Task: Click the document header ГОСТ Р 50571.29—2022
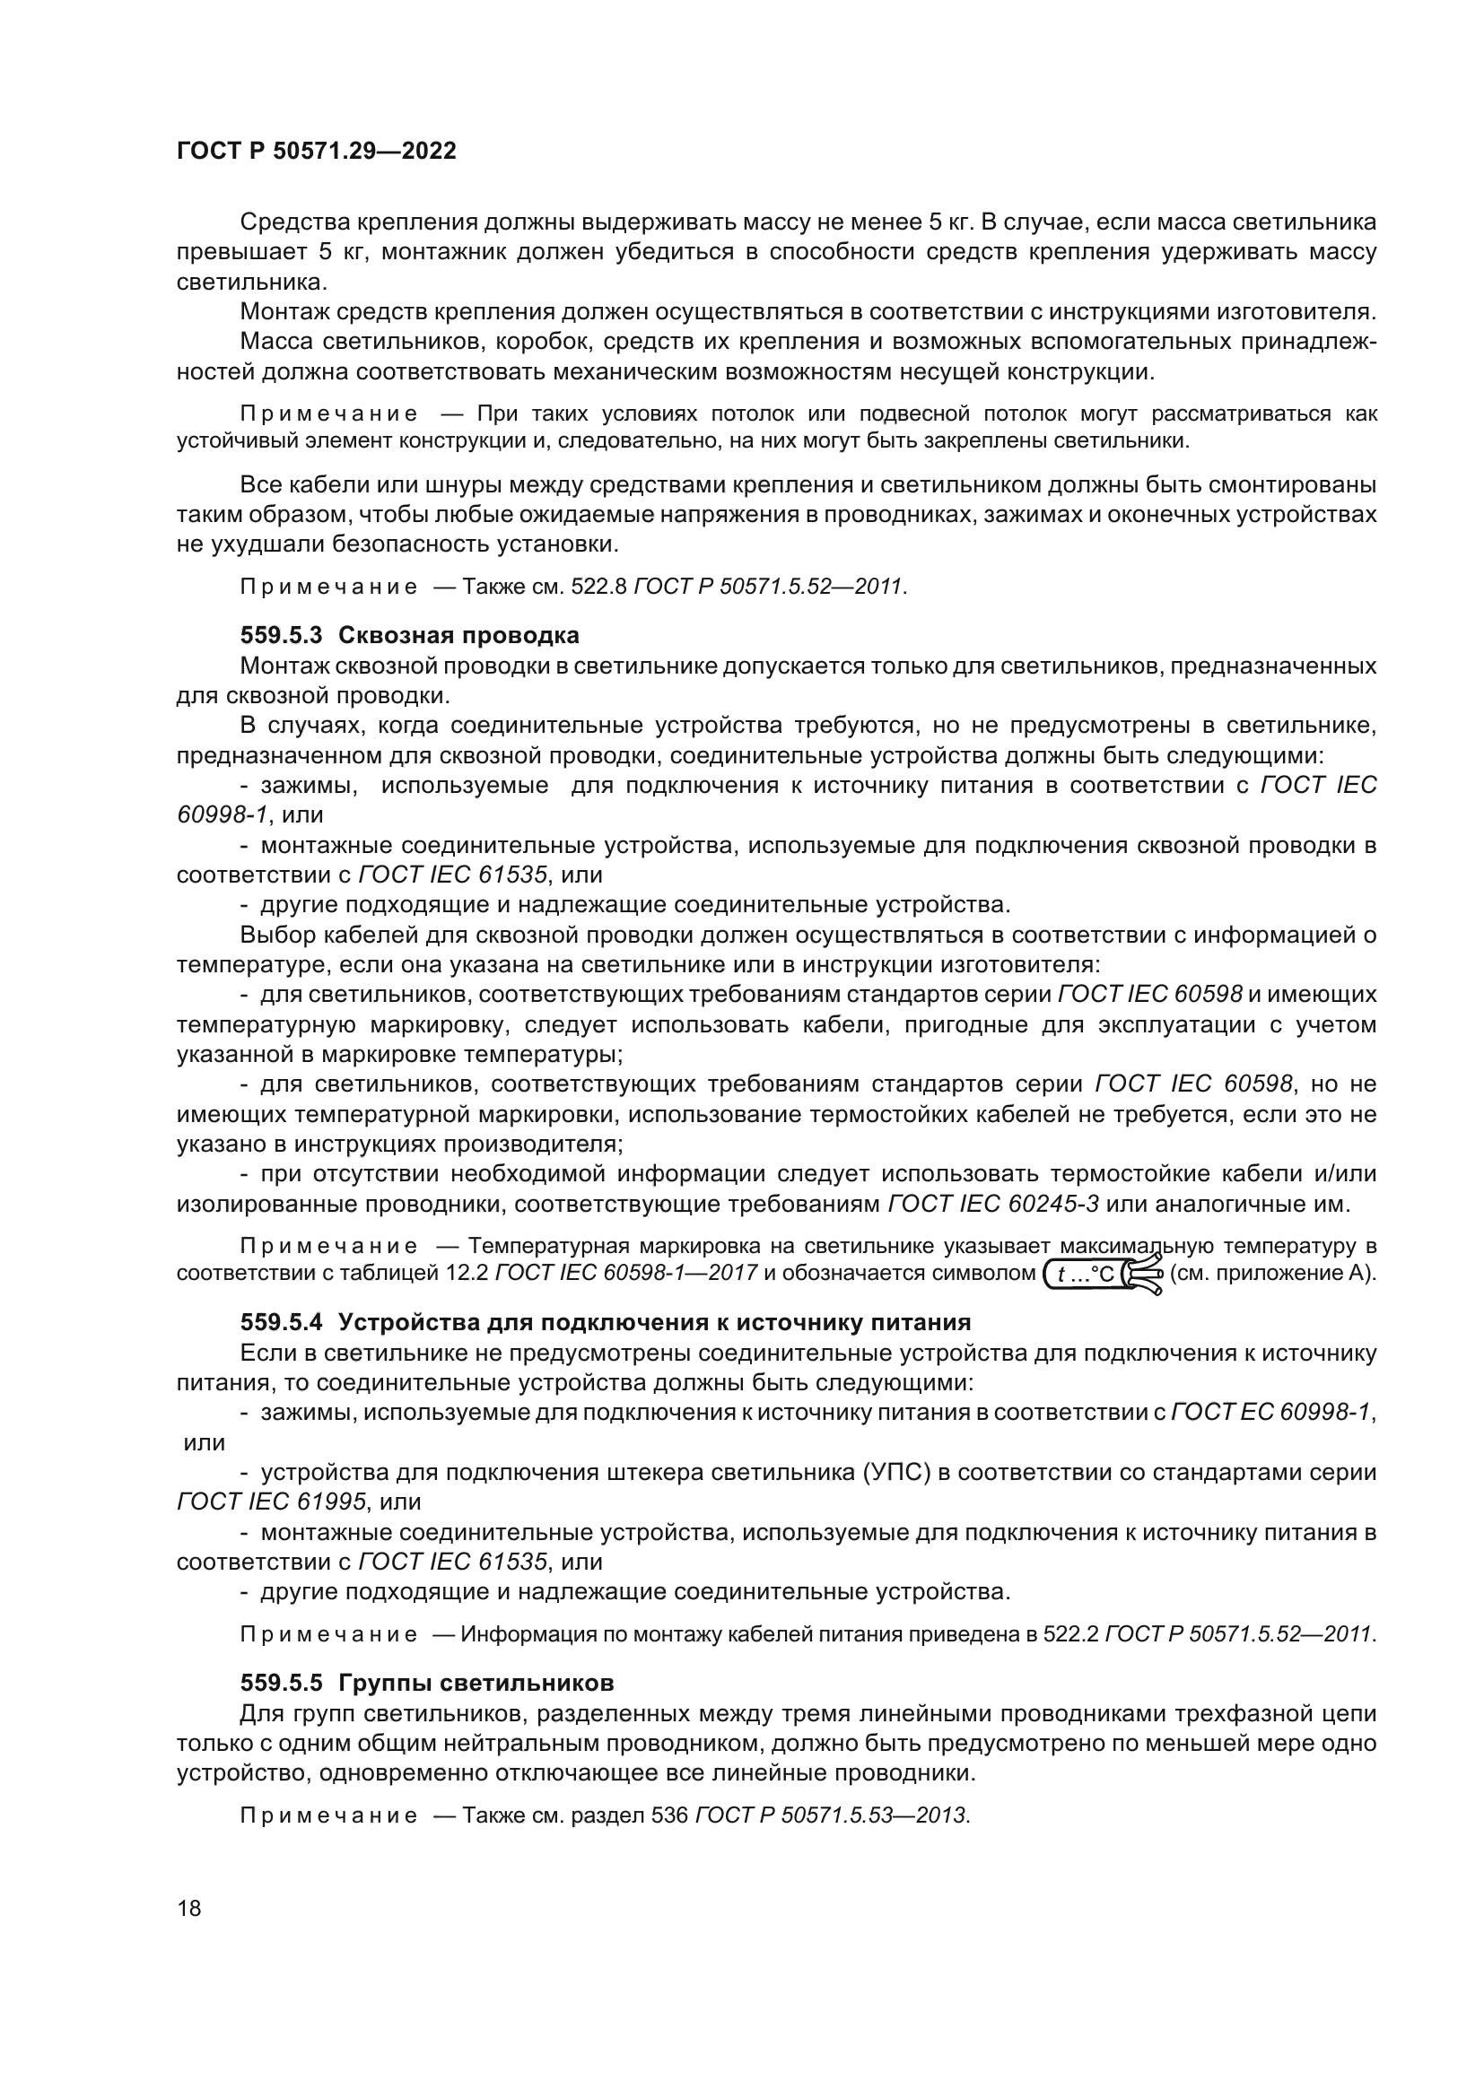(x=316, y=152)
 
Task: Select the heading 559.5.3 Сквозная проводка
(x=409, y=635)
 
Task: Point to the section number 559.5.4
(x=282, y=1322)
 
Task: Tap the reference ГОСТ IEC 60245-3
(x=993, y=1204)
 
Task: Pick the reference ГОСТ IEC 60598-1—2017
(x=626, y=1273)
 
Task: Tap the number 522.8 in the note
(x=598, y=586)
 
